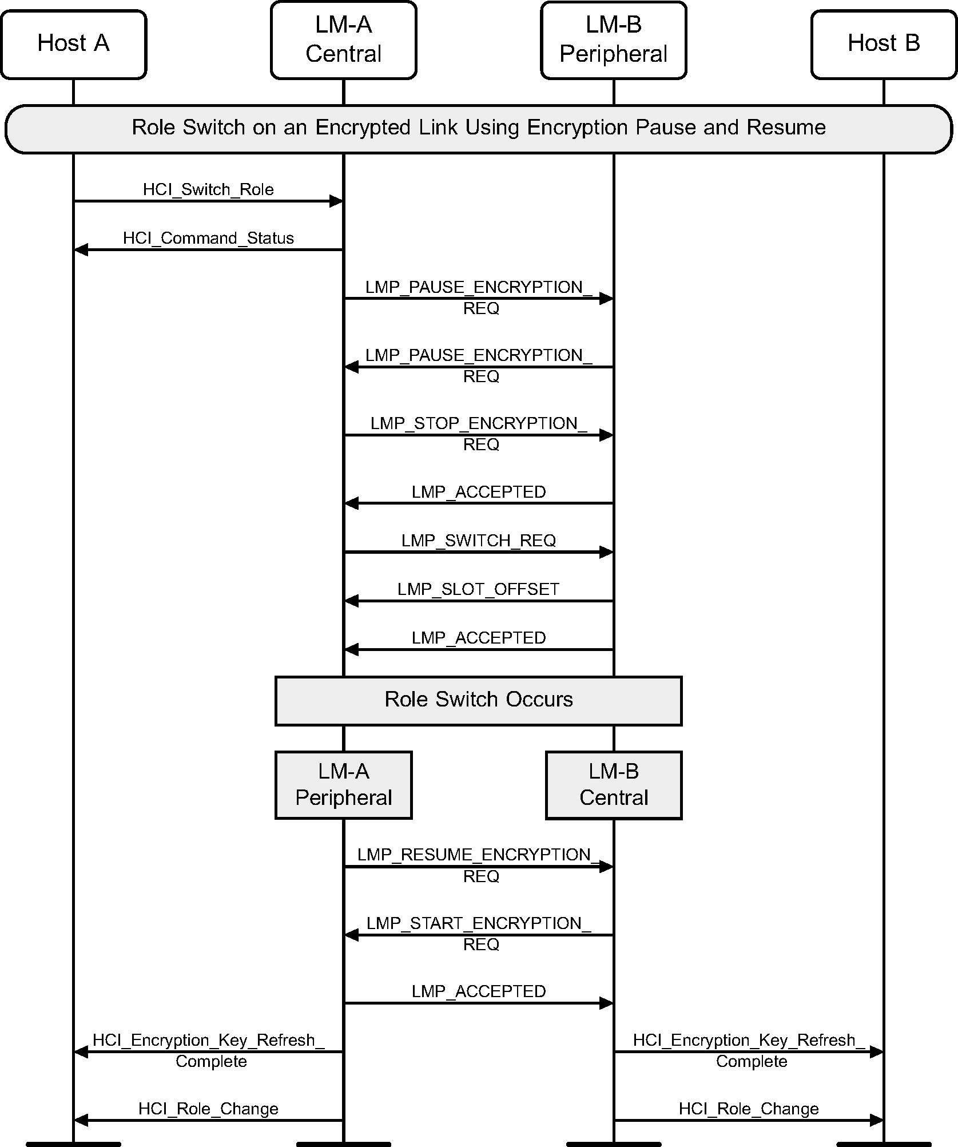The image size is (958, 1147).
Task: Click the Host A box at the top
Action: (73, 44)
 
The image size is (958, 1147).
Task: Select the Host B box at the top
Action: (883, 44)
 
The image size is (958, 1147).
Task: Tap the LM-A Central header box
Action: (343, 40)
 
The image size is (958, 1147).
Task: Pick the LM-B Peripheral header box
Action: (613, 40)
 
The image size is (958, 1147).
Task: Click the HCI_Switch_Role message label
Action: (208, 189)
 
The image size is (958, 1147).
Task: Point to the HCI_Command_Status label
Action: (208, 238)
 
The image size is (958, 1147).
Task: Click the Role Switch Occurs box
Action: (478, 700)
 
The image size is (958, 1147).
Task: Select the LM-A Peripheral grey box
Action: (343, 784)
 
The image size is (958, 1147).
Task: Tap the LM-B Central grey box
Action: (613, 784)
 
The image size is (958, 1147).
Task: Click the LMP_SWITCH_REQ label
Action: (478, 540)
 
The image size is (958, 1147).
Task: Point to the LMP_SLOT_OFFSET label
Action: (478, 589)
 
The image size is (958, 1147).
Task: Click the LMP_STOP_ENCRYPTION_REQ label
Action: (479, 433)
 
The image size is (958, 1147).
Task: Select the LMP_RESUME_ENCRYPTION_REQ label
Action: (479, 864)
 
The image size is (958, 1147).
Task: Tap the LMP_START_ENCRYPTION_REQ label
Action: (479, 933)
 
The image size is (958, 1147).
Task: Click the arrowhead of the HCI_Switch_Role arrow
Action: (336, 201)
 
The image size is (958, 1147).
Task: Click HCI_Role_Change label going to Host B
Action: (748, 1109)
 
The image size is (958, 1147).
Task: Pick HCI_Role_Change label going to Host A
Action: (208, 1109)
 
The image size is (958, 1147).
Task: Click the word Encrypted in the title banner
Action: (363, 127)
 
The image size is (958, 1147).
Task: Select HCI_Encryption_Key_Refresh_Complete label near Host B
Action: (749, 1050)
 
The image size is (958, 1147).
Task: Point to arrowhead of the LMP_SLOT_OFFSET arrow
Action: (351, 601)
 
